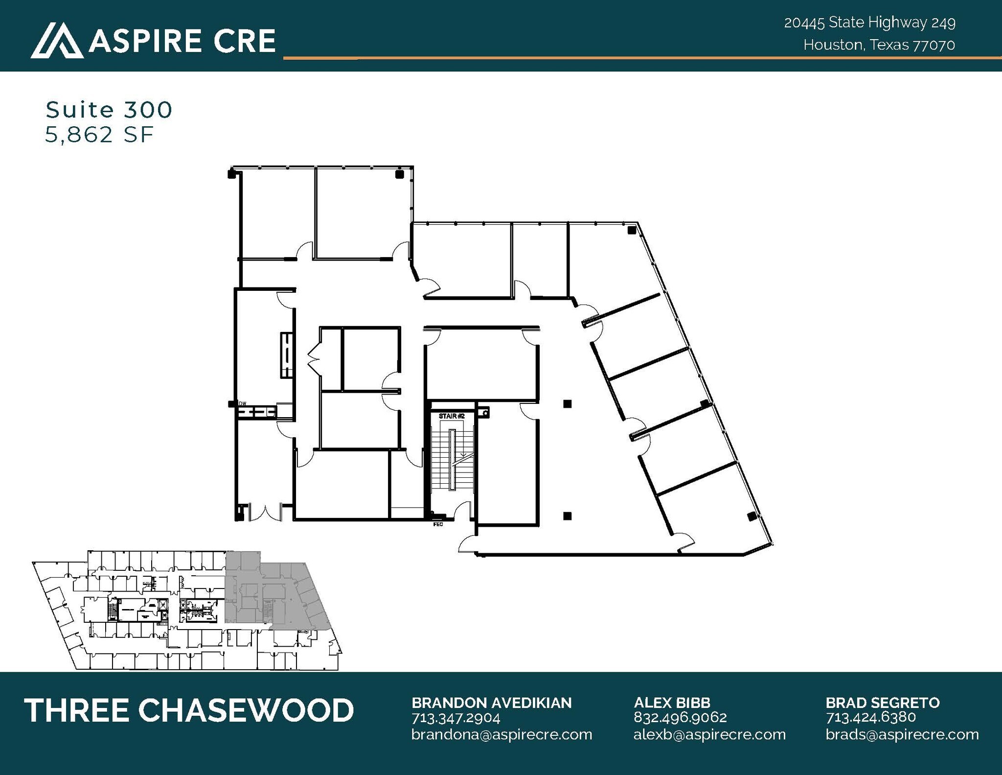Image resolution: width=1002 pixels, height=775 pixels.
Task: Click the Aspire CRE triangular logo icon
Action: (x=57, y=41)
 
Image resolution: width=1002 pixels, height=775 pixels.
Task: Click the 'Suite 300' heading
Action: (x=109, y=110)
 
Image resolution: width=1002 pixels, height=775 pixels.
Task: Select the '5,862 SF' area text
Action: (x=99, y=134)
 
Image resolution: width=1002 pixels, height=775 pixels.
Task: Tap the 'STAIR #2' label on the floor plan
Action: (x=451, y=416)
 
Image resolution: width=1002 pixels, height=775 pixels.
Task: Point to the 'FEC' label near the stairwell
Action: (x=438, y=524)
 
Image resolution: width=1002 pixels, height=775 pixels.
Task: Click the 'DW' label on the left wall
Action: (x=242, y=403)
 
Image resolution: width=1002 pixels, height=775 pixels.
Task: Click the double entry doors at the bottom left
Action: (x=265, y=512)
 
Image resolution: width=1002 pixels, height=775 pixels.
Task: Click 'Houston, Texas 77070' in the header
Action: (x=879, y=45)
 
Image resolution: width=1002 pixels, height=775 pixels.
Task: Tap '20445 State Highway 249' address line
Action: (x=869, y=23)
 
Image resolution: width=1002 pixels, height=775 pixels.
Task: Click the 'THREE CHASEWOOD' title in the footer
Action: (x=189, y=710)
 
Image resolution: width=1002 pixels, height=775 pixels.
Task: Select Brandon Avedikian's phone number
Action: (x=455, y=718)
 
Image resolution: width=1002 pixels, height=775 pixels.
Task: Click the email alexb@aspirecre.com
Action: (x=709, y=735)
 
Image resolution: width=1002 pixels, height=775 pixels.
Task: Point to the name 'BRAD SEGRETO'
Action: (x=883, y=703)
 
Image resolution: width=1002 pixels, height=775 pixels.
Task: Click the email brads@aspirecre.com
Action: (x=902, y=735)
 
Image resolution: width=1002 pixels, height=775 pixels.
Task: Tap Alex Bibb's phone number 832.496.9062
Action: (x=680, y=718)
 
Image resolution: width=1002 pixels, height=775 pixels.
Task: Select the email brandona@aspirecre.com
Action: (x=501, y=735)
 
